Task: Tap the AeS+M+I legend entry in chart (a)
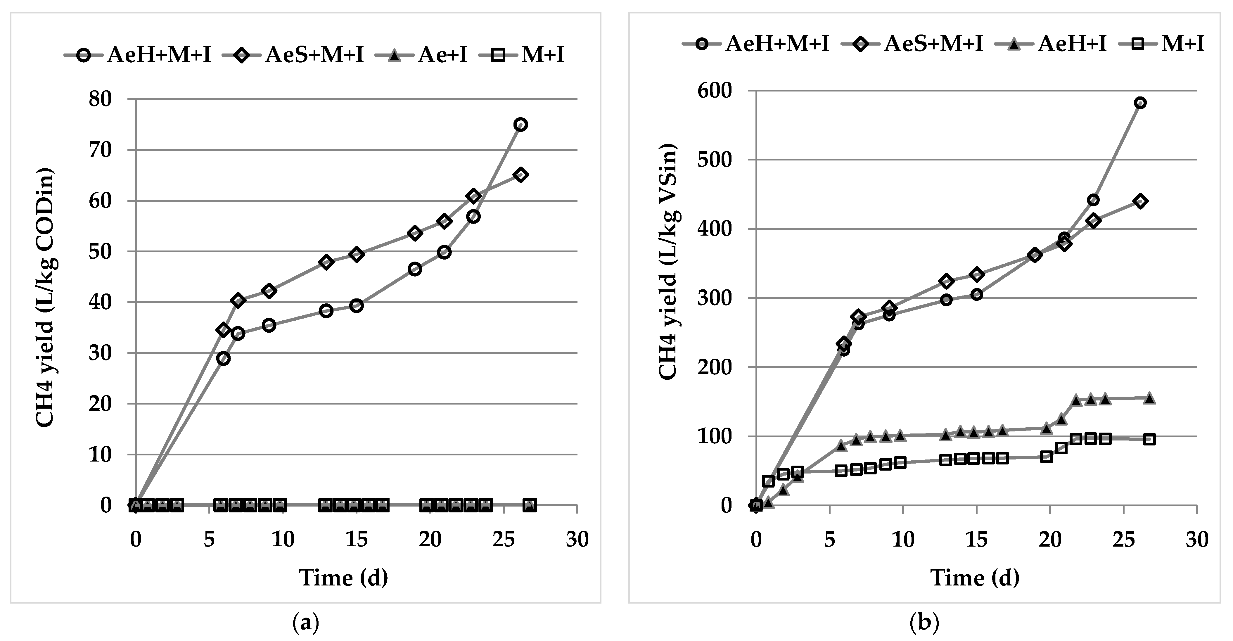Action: pyautogui.click(x=302, y=55)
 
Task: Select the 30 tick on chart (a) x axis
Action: pyautogui.click(x=577, y=540)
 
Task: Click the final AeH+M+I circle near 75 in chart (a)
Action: pyautogui.click(x=520, y=125)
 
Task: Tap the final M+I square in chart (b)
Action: pyautogui.click(x=1149, y=439)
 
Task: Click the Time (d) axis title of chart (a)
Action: pyautogui.click(x=343, y=578)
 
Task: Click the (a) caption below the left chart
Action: pyautogui.click(x=305, y=623)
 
